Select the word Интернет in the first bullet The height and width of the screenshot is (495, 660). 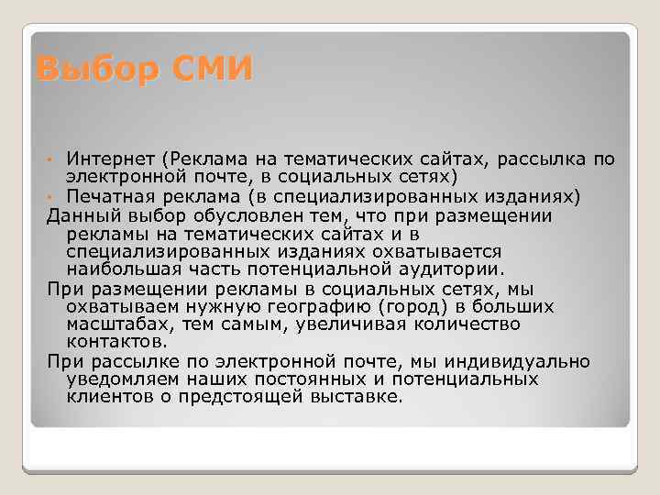pyautogui.click(x=101, y=159)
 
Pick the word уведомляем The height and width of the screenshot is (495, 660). pyautogui.click(x=120, y=379)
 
